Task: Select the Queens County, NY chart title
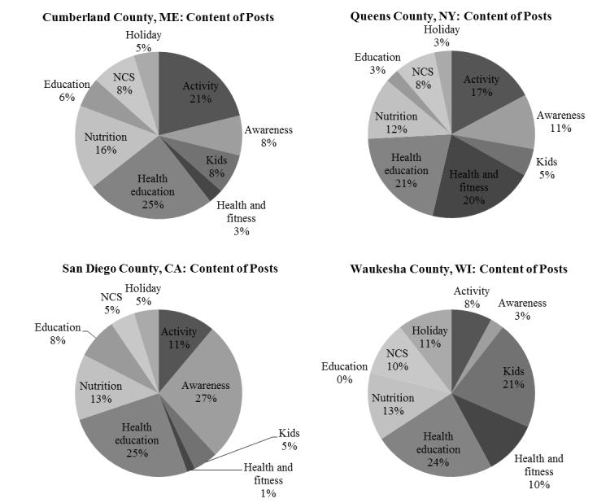click(x=451, y=15)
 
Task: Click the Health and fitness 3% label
click(x=241, y=218)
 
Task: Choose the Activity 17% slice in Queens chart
click(x=481, y=86)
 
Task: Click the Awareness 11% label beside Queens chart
click(x=560, y=122)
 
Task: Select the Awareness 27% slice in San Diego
click(x=206, y=391)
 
